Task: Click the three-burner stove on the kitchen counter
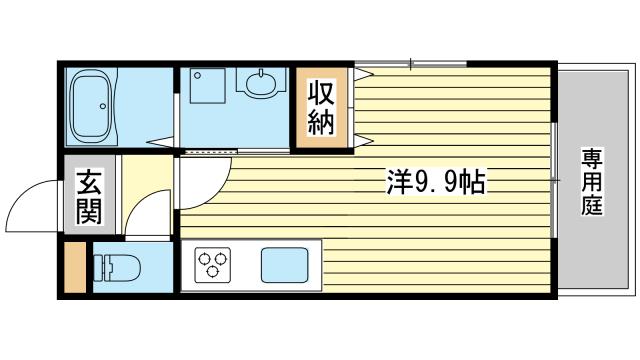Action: click(x=213, y=265)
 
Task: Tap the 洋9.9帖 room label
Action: click(x=436, y=181)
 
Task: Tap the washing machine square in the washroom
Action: click(x=207, y=87)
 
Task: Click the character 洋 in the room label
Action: click(x=398, y=181)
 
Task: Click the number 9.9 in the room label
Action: click(x=436, y=182)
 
